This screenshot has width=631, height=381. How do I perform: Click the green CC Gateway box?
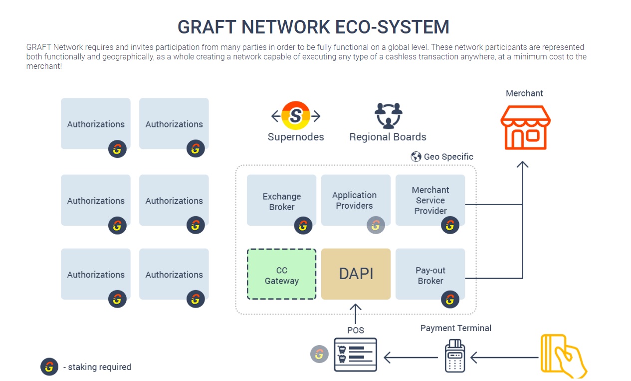coord(281,274)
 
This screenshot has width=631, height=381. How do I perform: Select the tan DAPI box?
coord(356,274)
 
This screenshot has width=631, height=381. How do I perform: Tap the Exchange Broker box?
coord(281,200)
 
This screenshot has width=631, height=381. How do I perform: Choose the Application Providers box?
coord(355,200)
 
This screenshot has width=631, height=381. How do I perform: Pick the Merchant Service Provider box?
coord(430,200)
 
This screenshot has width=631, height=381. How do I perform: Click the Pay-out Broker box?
coord(430,274)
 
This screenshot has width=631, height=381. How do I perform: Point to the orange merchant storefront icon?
coord(525,127)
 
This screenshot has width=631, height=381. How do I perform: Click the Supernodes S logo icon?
coord(296,116)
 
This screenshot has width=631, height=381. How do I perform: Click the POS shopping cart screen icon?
coord(355,355)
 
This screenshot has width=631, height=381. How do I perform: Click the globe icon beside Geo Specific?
coord(416,157)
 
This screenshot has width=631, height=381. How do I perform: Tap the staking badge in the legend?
coord(49,367)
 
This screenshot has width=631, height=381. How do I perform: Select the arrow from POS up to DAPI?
coord(355,313)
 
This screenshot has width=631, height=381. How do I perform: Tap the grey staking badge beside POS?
coord(319,354)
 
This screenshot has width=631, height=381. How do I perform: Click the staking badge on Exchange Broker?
coord(303,226)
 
